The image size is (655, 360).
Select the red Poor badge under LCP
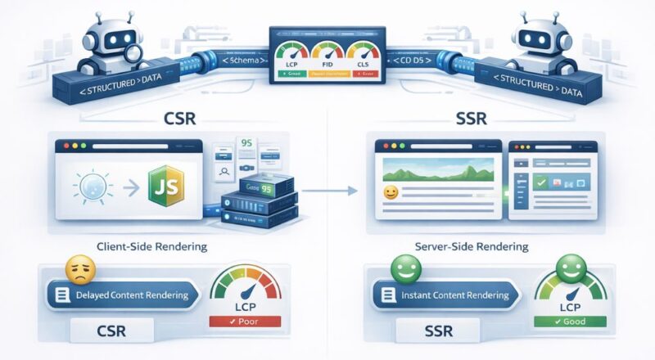pyautogui.click(x=246, y=322)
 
